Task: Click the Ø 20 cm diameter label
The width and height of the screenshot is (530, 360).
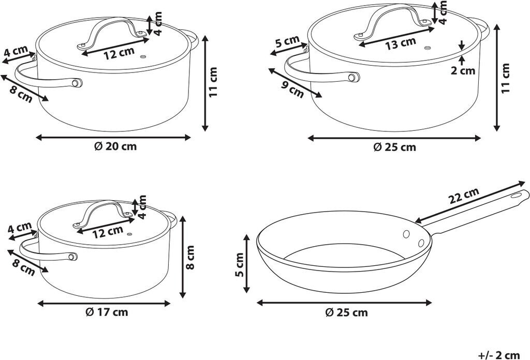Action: pyautogui.click(x=115, y=146)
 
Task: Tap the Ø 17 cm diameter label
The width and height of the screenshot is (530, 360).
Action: pyautogui.click(x=107, y=312)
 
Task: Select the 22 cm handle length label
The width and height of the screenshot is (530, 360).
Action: pyautogui.click(x=464, y=196)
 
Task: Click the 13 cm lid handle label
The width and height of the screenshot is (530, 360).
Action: pyautogui.click(x=401, y=43)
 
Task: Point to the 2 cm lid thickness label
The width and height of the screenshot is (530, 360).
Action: pyautogui.click(x=463, y=70)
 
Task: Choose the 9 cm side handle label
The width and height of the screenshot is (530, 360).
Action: pyautogui.click(x=292, y=88)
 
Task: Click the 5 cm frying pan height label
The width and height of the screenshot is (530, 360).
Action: pyautogui.click(x=240, y=264)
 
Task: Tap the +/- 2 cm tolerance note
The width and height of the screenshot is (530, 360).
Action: pyautogui.click(x=499, y=355)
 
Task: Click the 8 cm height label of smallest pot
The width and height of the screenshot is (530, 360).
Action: pyautogui.click(x=190, y=258)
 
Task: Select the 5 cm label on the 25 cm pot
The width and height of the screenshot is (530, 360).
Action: pyautogui.click(x=287, y=42)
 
